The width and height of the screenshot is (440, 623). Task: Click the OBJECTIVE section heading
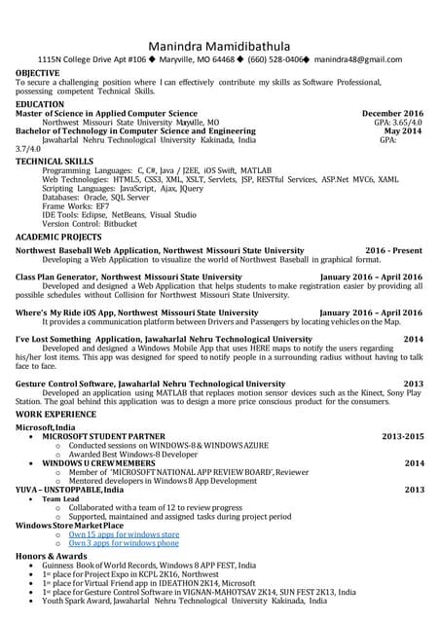pyautogui.click(x=38, y=73)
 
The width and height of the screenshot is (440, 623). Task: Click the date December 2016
pyautogui.click(x=392, y=114)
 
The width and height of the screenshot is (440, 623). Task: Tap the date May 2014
pyautogui.click(x=403, y=131)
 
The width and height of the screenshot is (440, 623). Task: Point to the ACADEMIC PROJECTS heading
pyautogui.click(x=58, y=237)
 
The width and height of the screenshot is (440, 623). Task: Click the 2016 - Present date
pyautogui.click(x=394, y=250)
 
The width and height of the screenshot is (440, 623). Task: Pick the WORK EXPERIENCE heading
pyautogui.click(x=55, y=415)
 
